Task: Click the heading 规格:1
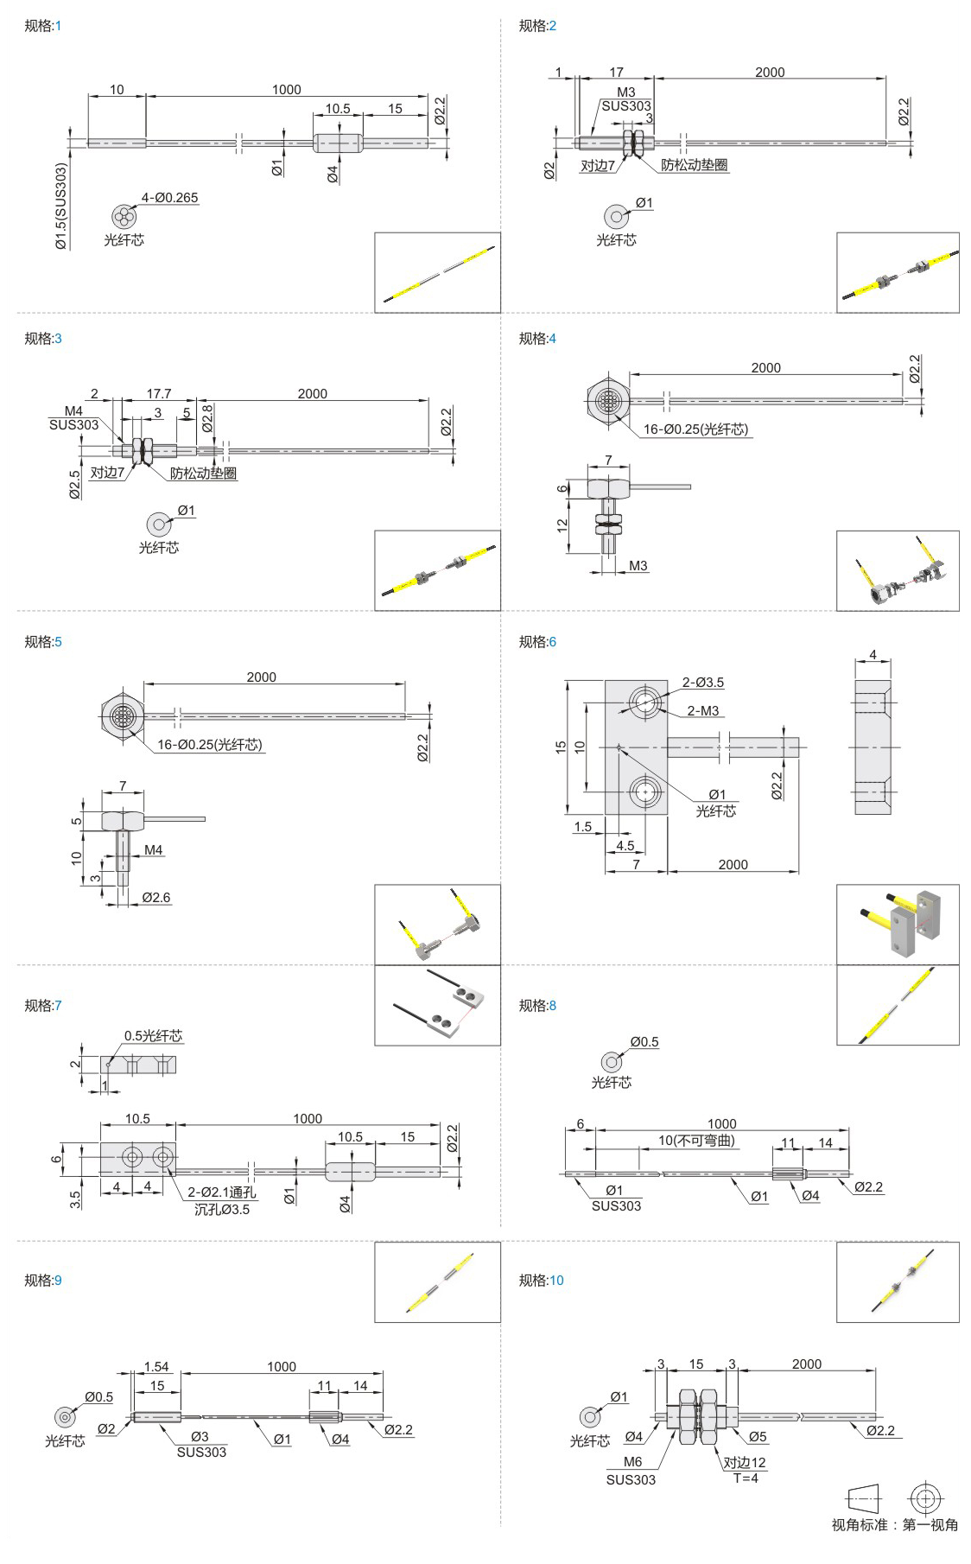pyautogui.click(x=42, y=26)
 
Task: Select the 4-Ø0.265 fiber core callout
pyautogui.click(x=169, y=198)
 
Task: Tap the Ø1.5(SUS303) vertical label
pyautogui.click(x=60, y=207)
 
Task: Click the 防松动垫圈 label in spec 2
pyautogui.click(x=694, y=165)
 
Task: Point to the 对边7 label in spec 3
pyautogui.click(x=107, y=473)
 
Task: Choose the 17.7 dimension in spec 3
pyautogui.click(x=159, y=393)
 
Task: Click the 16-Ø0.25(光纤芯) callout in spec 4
pyautogui.click(x=695, y=429)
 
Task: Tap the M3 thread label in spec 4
pyautogui.click(x=638, y=566)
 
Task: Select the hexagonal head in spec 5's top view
pyautogui.click(x=120, y=715)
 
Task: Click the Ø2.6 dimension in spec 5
pyautogui.click(x=155, y=898)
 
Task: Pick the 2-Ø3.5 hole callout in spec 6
pyautogui.click(x=703, y=683)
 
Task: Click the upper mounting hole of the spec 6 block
pyautogui.click(x=644, y=701)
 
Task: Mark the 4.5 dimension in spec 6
pyautogui.click(x=625, y=846)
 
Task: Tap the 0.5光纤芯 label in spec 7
pyautogui.click(x=153, y=1036)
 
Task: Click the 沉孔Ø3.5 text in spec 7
pyautogui.click(x=221, y=1210)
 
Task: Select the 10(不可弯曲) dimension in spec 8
pyautogui.click(x=696, y=1141)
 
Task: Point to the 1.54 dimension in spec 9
pyautogui.click(x=156, y=1367)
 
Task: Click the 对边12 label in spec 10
pyautogui.click(x=744, y=1463)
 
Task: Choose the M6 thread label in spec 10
pyautogui.click(x=632, y=1462)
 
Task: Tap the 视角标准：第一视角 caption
pyautogui.click(x=894, y=1525)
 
